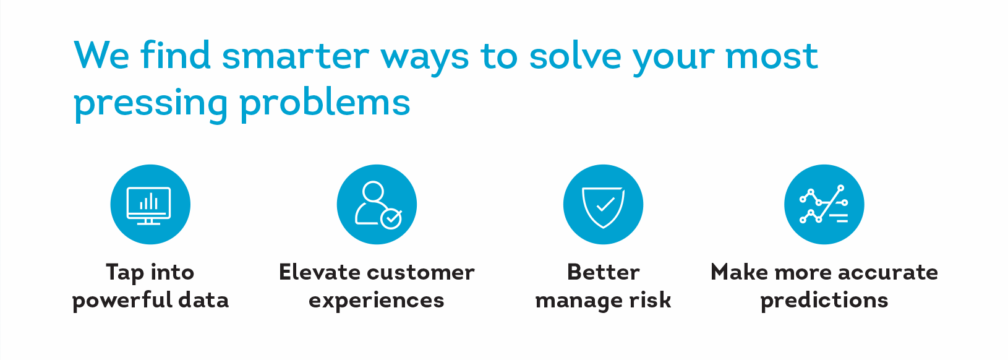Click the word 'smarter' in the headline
click(x=296, y=56)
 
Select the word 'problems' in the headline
click(x=325, y=101)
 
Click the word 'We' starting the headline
click(x=101, y=55)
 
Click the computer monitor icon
click(x=149, y=205)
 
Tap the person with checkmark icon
click(x=378, y=205)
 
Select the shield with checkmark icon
click(x=603, y=207)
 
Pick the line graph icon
click(x=824, y=204)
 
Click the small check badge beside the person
click(x=391, y=219)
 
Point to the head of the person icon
click(x=374, y=191)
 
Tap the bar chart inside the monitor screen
click(x=149, y=202)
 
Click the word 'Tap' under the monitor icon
click(x=125, y=273)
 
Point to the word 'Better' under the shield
click(x=603, y=272)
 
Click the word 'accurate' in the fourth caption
click(x=888, y=273)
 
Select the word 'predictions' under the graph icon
click(x=824, y=300)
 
